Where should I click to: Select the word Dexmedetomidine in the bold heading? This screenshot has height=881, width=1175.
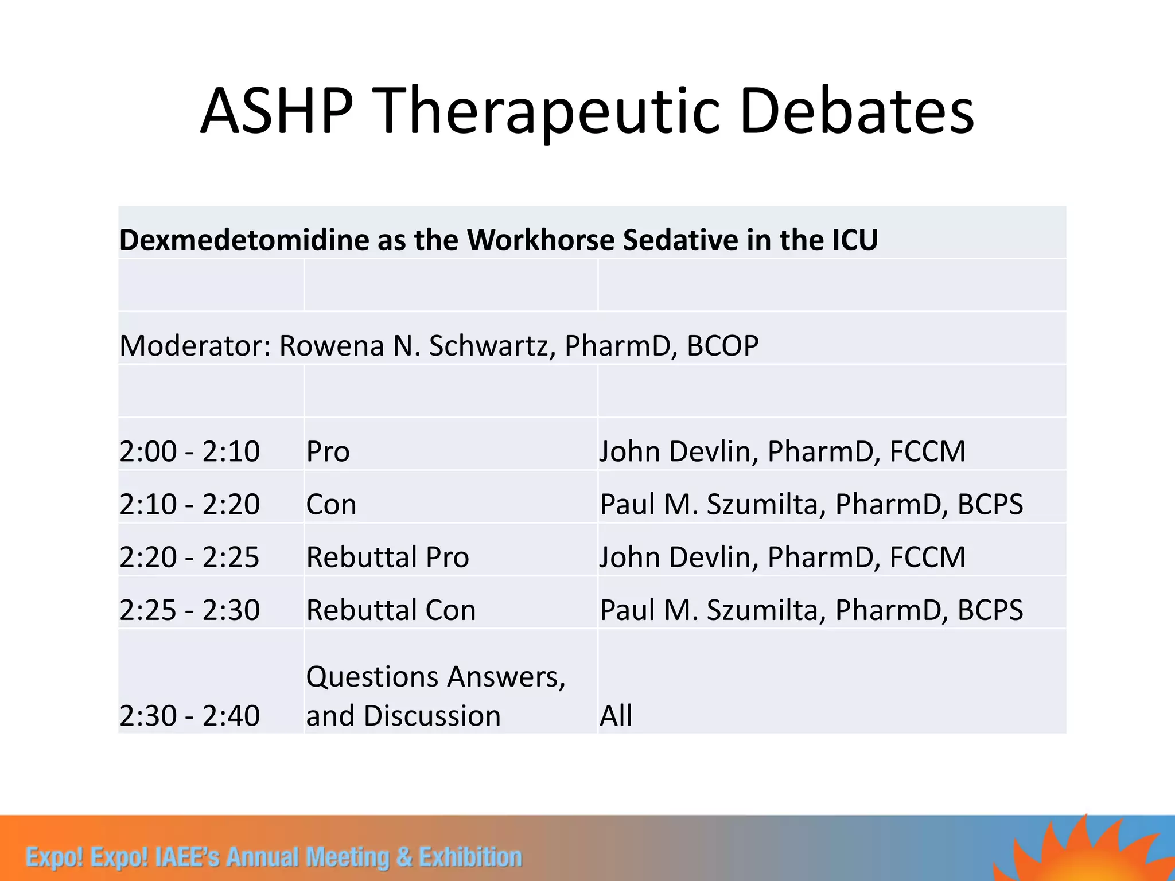tap(244, 240)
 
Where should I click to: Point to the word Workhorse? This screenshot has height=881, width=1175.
tap(541, 240)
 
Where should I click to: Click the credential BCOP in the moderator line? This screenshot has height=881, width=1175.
tap(722, 346)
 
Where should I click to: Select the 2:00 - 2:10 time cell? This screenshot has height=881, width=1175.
tap(190, 451)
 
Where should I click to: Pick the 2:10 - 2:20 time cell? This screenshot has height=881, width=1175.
tap(190, 504)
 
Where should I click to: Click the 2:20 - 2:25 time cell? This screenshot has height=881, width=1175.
tap(190, 557)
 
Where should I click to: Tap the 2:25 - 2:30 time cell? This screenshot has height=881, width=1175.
tap(190, 610)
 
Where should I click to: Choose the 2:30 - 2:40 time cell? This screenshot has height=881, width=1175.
tap(190, 715)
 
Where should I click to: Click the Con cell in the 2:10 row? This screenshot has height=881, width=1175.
tap(331, 504)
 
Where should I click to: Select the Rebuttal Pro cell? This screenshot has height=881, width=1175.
tap(387, 557)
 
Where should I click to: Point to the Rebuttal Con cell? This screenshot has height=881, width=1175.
tap(391, 610)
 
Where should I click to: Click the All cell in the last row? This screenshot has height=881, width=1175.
tap(616, 715)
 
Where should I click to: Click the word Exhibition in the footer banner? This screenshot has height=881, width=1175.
tap(470, 857)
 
